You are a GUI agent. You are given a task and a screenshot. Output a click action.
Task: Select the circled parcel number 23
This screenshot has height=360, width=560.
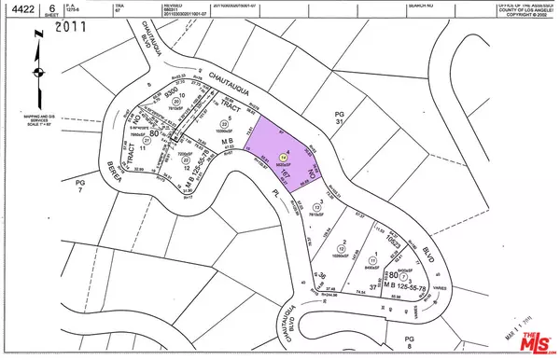tap(224, 125)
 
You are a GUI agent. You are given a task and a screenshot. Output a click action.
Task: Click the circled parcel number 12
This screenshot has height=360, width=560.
tap(345, 244)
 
